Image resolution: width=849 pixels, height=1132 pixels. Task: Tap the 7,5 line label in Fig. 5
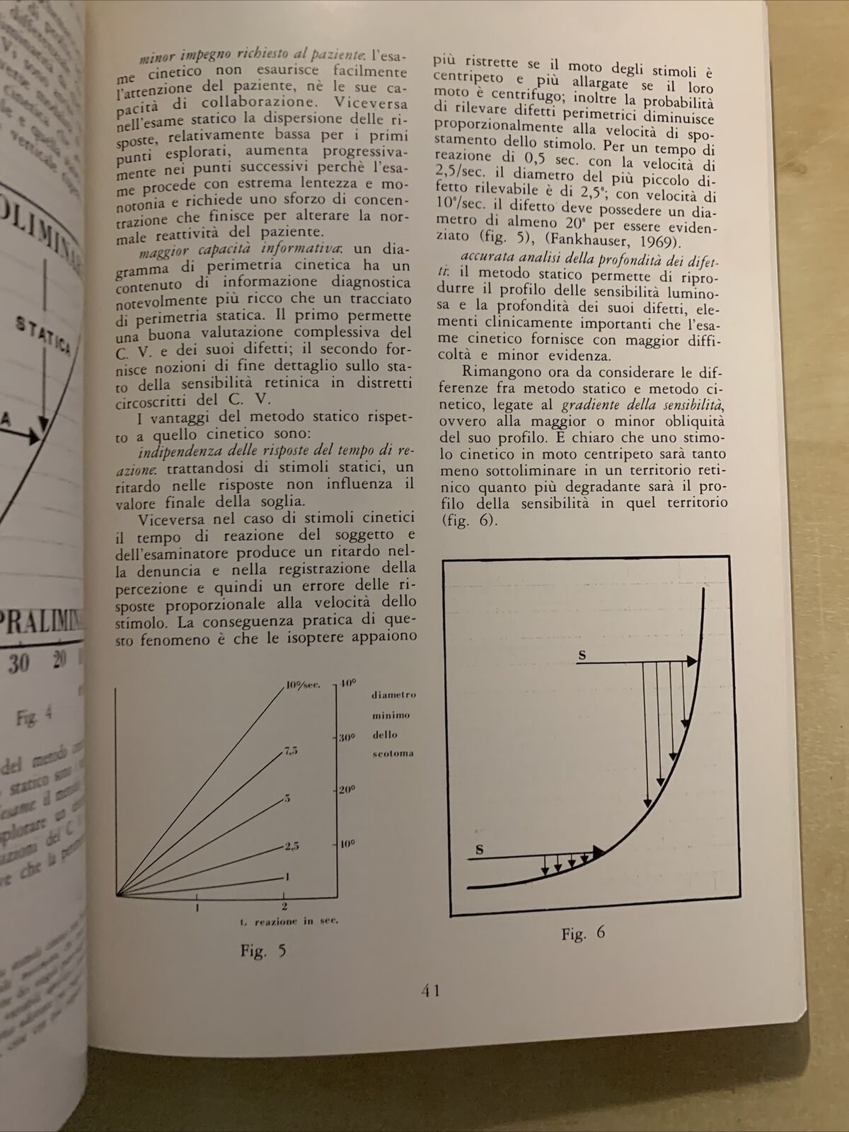click(x=291, y=751)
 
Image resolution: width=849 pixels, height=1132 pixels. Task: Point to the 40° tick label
click(x=348, y=683)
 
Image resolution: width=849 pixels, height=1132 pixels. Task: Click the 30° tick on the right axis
click(x=346, y=737)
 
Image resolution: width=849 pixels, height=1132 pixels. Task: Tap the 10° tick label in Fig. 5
click(x=347, y=844)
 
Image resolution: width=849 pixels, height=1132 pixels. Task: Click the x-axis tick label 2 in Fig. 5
click(x=284, y=905)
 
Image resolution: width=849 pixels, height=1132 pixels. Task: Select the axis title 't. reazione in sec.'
click(x=288, y=920)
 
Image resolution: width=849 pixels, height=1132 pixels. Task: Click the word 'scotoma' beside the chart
click(x=393, y=753)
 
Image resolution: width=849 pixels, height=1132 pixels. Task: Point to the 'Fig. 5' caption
click(x=263, y=951)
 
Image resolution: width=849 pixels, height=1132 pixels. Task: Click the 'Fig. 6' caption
click(x=584, y=933)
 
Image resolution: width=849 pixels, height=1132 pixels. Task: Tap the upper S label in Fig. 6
click(x=582, y=655)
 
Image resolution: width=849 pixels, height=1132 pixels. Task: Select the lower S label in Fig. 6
click(x=480, y=850)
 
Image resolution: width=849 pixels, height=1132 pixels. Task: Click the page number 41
click(x=432, y=990)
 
